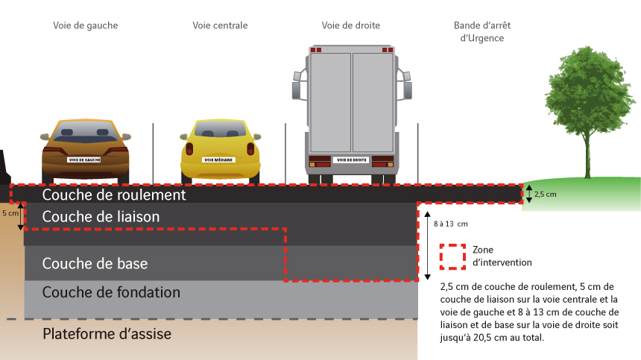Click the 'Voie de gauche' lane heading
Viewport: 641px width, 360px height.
tap(85, 25)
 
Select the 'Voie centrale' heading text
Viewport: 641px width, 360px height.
tap(220, 25)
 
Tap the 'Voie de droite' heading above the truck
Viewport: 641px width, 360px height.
tap(350, 25)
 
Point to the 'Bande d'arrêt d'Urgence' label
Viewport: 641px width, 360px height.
tap(482, 31)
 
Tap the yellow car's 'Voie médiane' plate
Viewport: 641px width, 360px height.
tap(219, 160)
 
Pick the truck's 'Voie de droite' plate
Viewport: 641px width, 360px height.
tap(350, 160)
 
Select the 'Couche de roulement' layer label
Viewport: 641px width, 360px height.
tap(113, 195)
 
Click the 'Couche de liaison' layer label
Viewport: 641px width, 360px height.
tap(101, 216)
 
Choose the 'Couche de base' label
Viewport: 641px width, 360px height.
tap(95, 263)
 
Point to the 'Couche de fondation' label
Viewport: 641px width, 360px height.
tap(111, 292)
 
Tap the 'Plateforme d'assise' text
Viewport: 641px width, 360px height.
tap(107, 333)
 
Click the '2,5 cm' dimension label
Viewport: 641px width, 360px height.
tap(546, 194)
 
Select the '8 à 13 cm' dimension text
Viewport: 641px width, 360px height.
tap(451, 224)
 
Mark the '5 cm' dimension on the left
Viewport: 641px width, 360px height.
tap(10, 213)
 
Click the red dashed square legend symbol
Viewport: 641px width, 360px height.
tap(452, 256)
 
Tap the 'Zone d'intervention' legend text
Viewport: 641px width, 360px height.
tap(502, 256)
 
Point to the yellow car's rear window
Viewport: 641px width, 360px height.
tap(219, 132)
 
